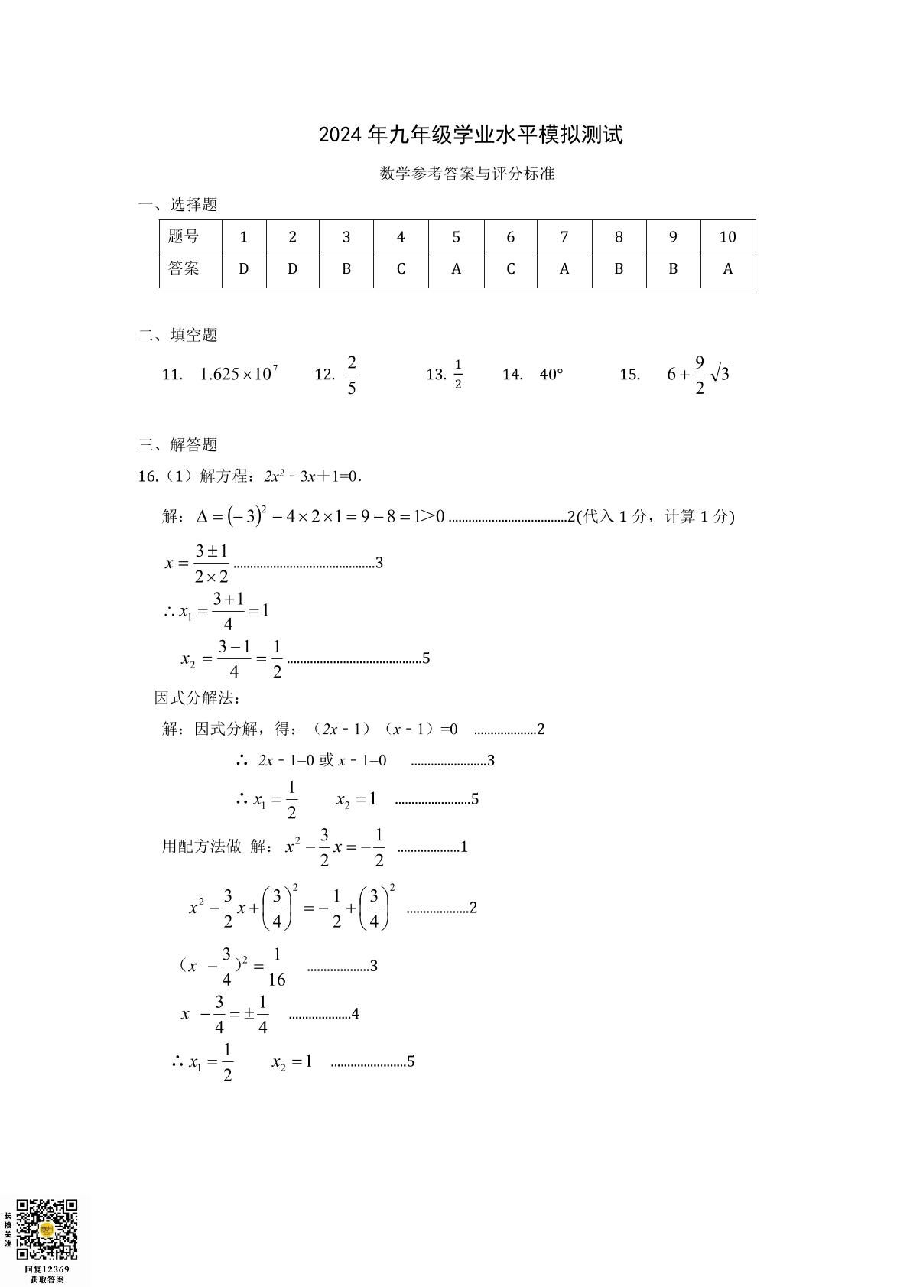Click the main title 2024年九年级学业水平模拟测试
point(470,135)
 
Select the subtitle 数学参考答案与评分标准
point(467,174)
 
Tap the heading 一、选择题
point(177,204)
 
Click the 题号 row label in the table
point(184,237)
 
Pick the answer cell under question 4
point(401,269)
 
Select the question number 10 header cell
point(727,237)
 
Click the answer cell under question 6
point(510,269)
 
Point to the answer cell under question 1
point(244,269)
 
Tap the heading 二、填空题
point(177,335)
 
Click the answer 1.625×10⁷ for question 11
point(239,374)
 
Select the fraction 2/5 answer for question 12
point(352,374)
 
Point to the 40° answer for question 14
point(551,374)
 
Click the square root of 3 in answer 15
point(720,374)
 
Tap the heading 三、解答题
point(177,444)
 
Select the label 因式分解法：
point(198,697)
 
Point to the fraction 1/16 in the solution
point(277,967)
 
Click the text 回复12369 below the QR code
point(47,1269)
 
